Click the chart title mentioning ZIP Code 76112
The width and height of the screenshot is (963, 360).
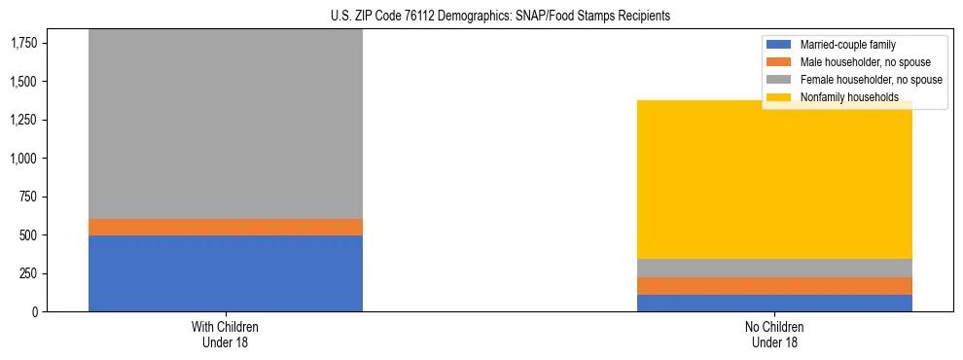click(x=481, y=17)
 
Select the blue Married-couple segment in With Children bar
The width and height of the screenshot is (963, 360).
click(x=225, y=273)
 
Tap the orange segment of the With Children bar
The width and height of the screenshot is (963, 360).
click(x=225, y=227)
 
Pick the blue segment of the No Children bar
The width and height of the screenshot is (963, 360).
click(x=774, y=303)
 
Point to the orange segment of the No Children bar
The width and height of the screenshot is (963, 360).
click(x=774, y=286)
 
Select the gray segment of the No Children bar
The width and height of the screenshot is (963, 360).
click(x=774, y=269)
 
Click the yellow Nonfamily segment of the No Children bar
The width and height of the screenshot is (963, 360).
click(x=774, y=185)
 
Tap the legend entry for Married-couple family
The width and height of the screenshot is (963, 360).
click(x=847, y=45)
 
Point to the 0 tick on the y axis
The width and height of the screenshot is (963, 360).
click(x=36, y=312)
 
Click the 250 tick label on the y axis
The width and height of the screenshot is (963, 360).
click(x=29, y=273)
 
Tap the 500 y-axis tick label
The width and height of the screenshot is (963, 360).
click(x=29, y=235)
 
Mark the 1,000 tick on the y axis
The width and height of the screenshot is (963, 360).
click(x=25, y=159)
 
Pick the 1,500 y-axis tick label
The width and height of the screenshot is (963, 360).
click(x=25, y=82)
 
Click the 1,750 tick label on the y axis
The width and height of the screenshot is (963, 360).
click(x=25, y=43)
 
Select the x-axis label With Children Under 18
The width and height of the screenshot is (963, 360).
click(x=225, y=335)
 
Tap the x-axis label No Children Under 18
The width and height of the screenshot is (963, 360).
click(x=774, y=335)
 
